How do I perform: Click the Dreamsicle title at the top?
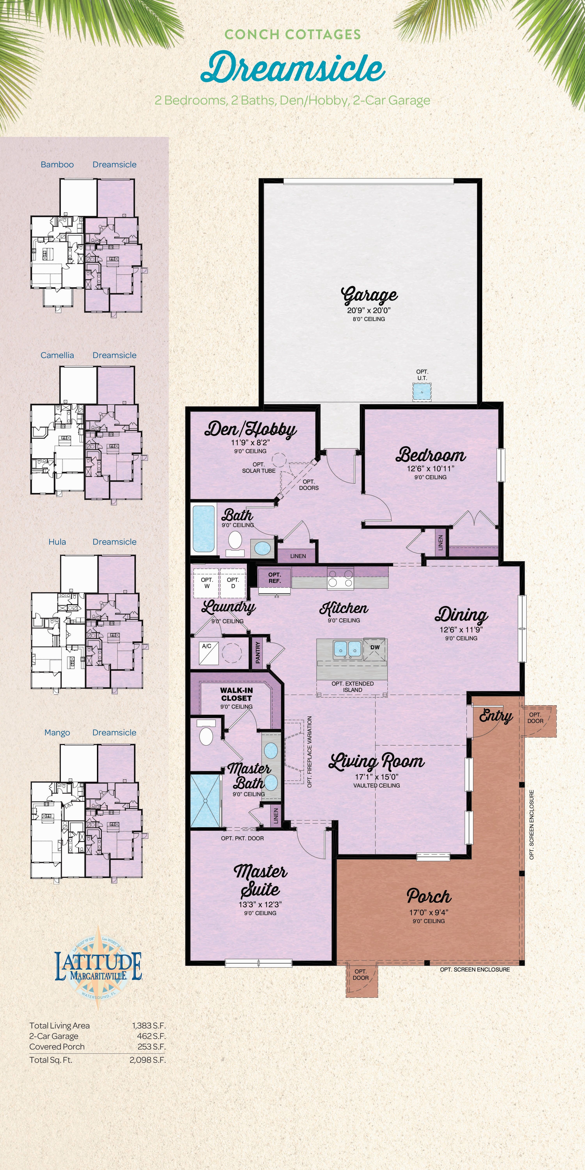click(293, 68)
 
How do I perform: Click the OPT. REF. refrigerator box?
click(274, 578)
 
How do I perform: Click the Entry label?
click(495, 716)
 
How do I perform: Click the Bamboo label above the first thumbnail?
click(57, 164)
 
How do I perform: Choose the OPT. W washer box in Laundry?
click(207, 583)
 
